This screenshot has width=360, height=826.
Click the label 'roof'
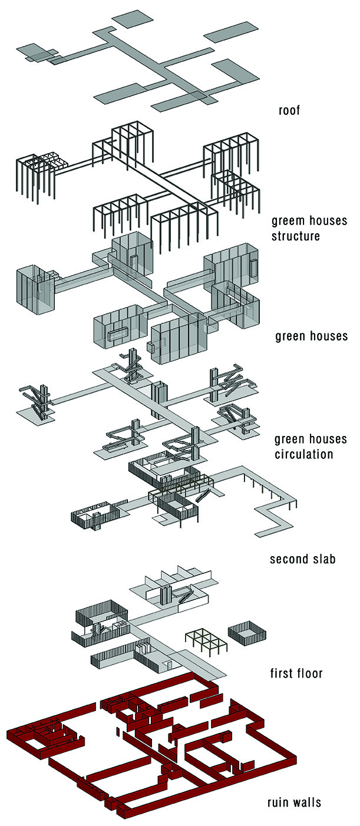coord(289,110)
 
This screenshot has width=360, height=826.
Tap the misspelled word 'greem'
coord(289,222)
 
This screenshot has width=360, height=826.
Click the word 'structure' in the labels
coord(295,236)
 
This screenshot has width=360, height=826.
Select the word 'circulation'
coord(303,454)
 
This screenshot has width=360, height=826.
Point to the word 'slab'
coord(324,559)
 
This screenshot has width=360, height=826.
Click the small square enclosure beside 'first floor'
coord(247,633)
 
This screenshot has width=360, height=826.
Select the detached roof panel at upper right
coord(232,32)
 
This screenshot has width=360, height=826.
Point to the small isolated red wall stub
coord(117,732)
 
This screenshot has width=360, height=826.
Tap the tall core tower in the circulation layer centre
coord(159,400)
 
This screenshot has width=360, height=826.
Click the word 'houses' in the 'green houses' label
coord(328,336)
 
